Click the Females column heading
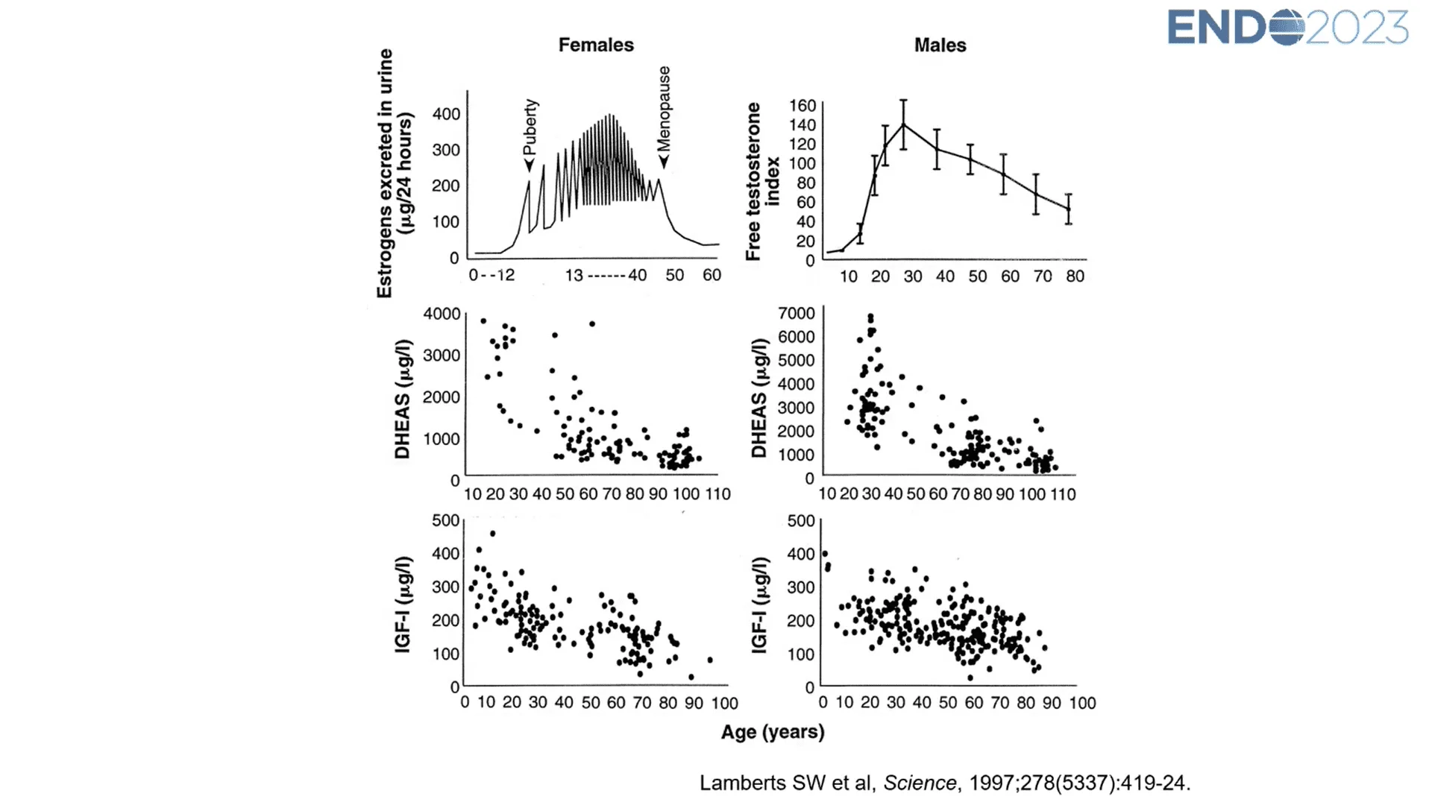tap(596, 45)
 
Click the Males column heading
tap(940, 45)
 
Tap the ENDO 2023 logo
tap(1287, 28)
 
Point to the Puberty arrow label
tap(530, 127)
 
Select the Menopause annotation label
tap(664, 109)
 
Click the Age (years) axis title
tap(773, 732)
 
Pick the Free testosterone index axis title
tap(762, 181)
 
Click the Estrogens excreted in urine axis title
tap(395, 174)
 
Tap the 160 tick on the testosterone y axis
tap(803, 106)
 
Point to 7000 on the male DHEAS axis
tap(797, 313)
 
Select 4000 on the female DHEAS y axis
tap(442, 314)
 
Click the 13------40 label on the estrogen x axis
tap(606, 275)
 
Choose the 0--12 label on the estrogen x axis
tap(492, 275)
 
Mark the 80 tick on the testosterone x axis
tap(1075, 277)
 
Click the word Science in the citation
tap(920, 783)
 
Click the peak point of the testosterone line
tap(903, 124)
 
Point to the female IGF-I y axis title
tap(403, 604)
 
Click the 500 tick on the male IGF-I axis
tap(801, 521)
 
